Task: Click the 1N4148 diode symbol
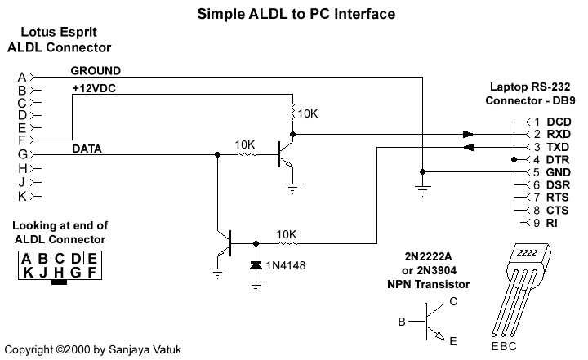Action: [256, 265]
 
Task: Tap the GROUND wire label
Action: [96, 70]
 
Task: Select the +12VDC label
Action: [94, 88]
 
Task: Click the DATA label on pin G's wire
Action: [87, 149]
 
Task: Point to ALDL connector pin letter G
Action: [23, 154]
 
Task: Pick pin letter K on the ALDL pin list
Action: [22, 196]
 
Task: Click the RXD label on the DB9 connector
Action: [559, 134]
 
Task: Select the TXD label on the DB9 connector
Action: [558, 147]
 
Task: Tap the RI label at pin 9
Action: [551, 223]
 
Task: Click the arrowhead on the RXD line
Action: [468, 134]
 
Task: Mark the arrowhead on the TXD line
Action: [468, 147]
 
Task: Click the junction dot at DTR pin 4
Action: [514, 159]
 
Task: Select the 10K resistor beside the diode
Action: [288, 244]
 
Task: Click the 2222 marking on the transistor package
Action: [528, 252]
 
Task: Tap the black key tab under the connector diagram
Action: [59, 282]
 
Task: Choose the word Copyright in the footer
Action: [29, 350]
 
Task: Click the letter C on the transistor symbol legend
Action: [453, 301]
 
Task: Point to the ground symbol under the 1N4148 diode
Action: [256, 287]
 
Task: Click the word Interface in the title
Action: [364, 14]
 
